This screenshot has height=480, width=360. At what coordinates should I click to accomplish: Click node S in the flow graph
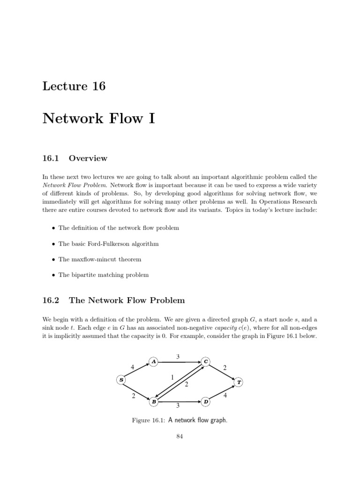coord(121,380)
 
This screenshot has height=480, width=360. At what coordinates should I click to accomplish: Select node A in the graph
coord(154,361)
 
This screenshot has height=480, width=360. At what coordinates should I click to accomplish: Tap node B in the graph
coord(154,402)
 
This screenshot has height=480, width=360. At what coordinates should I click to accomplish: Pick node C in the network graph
coord(206,361)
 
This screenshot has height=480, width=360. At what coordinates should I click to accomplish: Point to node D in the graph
coord(206,402)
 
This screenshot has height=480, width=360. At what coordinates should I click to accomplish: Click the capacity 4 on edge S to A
coord(133,367)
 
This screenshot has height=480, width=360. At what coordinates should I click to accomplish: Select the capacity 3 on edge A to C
coord(178,357)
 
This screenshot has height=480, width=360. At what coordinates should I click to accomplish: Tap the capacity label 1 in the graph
coord(172,377)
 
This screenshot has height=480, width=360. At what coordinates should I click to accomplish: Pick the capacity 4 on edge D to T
coord(225,396)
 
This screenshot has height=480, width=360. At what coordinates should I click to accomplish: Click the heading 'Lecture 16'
coord(74,86)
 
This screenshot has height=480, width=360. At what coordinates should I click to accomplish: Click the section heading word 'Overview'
coord(88,158)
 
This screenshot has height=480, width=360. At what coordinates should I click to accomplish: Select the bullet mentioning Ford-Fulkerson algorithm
coord(108,244)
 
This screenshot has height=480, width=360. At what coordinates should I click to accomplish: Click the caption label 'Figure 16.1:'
coord(147,420)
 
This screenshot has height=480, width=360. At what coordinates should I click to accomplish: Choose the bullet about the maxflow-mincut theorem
coord(99,259)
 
